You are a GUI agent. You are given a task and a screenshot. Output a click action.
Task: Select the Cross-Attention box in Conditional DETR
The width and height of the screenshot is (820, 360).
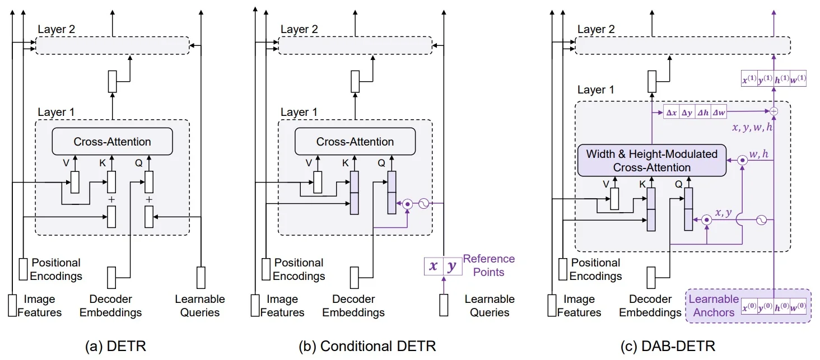(355, 142)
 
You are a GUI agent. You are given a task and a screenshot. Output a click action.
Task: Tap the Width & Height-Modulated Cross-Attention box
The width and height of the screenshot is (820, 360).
(651, 160)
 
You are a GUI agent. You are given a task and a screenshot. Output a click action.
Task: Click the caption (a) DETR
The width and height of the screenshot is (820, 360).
(115, 347)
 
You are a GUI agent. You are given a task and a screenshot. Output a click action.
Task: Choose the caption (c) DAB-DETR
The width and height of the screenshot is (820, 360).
(672, 347)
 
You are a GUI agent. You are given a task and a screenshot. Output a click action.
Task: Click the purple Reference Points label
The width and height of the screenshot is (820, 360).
(488, 265)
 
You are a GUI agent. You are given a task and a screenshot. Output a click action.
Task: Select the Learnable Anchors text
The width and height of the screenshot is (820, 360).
(714, 306)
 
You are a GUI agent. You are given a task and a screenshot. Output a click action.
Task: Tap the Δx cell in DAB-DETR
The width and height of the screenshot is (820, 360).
(671, 112)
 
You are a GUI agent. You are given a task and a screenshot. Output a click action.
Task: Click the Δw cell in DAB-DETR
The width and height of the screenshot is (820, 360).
(718, 112)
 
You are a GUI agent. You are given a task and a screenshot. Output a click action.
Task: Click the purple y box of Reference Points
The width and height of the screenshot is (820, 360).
(451, 266)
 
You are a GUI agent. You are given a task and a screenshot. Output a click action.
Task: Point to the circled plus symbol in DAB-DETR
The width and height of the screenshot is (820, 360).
(774, 111)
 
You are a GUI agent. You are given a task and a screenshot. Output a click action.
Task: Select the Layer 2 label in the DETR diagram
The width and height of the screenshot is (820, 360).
(57, 29)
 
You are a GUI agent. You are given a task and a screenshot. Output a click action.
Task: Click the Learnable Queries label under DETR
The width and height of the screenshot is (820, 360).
(199, 306)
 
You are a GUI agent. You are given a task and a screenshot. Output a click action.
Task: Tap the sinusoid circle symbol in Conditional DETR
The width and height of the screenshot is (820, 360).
(424, 204)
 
